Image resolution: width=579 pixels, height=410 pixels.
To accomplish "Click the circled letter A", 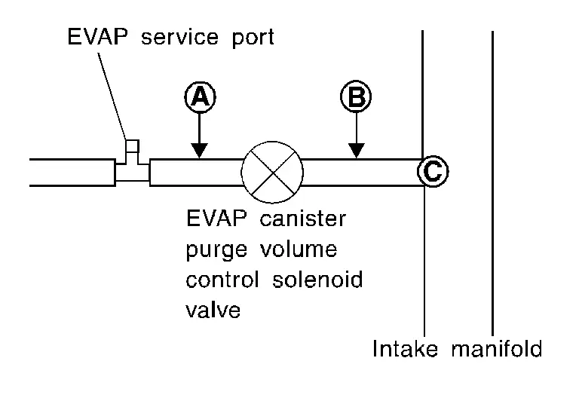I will pos(199,96).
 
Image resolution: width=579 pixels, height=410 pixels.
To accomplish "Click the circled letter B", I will pos(357,96).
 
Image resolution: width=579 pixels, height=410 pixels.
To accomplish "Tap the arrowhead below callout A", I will pos(199,151).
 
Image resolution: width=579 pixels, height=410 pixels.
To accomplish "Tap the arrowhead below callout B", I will pos(357,151).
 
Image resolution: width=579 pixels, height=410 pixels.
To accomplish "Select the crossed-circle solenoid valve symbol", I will pos(271,172).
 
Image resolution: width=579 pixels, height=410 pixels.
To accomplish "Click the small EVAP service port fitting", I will pos(132,155).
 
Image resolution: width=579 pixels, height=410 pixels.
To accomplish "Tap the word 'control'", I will pos(219,280).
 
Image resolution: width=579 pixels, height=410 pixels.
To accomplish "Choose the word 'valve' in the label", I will pos(213,310).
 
